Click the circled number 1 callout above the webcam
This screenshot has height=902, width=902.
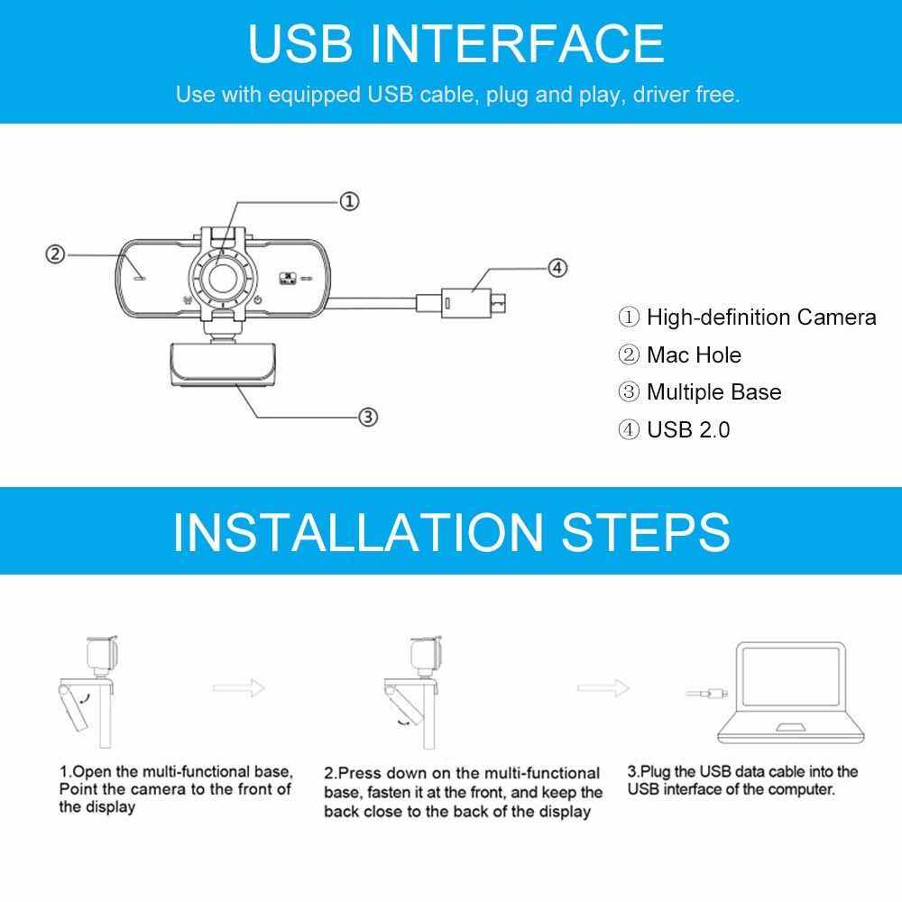tap(349, 201)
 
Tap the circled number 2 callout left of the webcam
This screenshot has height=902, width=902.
tap(55, 253)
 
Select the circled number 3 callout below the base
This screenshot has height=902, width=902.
tap(368, 417)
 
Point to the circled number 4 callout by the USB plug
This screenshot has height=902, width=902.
tap(557, 268)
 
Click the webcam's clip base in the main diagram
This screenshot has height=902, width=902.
tap(223, 364)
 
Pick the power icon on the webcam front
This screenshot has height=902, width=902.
tap(258, 299)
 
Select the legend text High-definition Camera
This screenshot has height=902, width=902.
tap(761, 317)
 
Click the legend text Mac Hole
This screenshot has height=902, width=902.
tap(694, 354)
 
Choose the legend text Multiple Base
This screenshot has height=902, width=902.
tap(713, 392)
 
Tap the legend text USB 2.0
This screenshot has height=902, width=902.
tap(688, 429)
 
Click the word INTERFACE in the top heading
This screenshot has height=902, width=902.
tap(517, 43)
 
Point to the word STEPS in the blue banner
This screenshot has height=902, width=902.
tap(646, 532)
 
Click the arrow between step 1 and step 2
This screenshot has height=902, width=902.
tap(239, 687)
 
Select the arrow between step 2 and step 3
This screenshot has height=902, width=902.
tap(603, 687)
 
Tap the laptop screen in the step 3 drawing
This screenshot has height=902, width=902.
tap(790, 676)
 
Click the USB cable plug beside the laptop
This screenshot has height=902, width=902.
tap(707, 693)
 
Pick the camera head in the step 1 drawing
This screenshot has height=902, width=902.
tap(103, 653)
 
